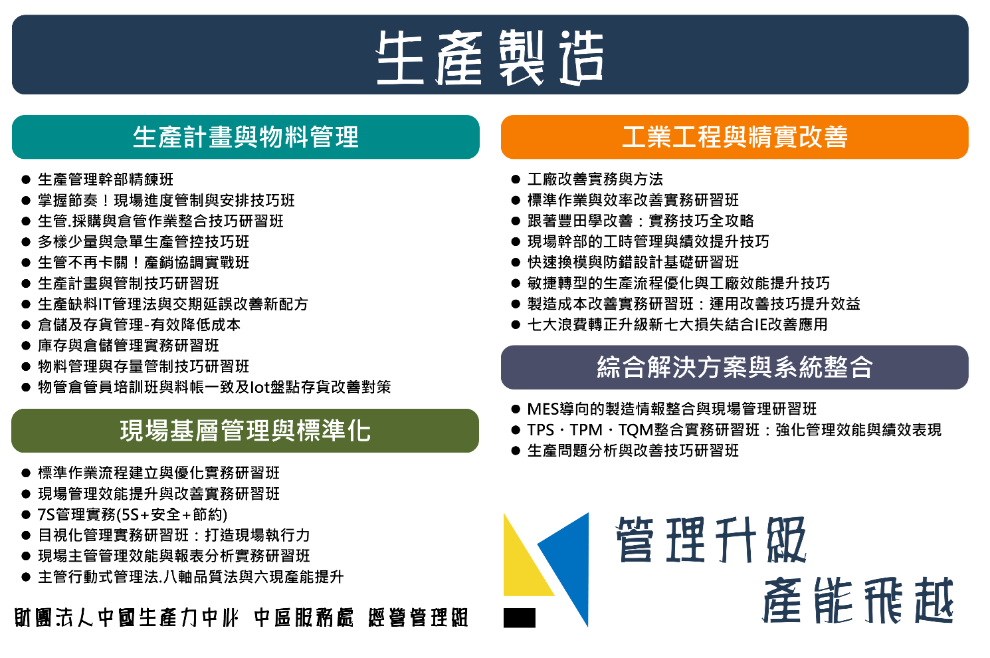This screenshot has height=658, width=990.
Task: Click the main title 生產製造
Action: click(490, 57)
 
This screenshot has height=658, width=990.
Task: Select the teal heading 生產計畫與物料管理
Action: click(246, 137)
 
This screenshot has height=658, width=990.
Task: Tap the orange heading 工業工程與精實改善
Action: click(735, 137)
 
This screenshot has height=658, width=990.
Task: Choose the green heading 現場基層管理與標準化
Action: click(245, 431)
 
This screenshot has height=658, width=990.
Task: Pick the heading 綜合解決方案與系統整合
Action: click(735, 368)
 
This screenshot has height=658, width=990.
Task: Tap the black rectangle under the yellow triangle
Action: click(520, 617)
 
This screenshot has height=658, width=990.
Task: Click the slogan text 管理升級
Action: click(711, 540)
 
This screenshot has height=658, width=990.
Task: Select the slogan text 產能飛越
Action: click(858, 601)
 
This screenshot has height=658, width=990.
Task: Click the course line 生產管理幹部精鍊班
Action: click(106, 179)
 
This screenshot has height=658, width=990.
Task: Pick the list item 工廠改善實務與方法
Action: click(595, 179)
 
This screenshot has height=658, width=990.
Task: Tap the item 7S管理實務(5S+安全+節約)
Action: click(133, 514)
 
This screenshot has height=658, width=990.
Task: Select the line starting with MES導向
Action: click(672, 409)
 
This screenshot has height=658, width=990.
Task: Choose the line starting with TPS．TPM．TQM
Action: click(734, 430)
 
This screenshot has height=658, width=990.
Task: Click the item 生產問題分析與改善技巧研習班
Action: click(633, 451)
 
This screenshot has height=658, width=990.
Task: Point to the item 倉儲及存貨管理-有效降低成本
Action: click(140, 324)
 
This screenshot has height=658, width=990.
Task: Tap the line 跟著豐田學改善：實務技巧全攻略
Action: click(641, 221)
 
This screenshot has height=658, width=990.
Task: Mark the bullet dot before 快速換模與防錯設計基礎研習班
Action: click(516, 263)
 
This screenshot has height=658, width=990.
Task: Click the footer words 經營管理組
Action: click(418, 617)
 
